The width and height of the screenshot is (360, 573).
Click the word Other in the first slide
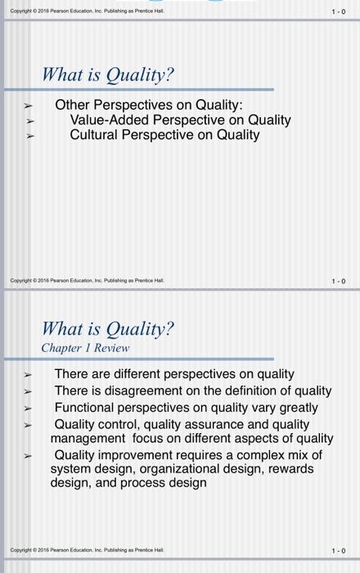coord(72,106)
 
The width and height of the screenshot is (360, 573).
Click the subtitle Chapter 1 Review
coord(85,348)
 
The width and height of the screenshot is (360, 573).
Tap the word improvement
coord(143,454)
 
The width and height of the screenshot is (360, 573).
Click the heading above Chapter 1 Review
coord(108,328)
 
